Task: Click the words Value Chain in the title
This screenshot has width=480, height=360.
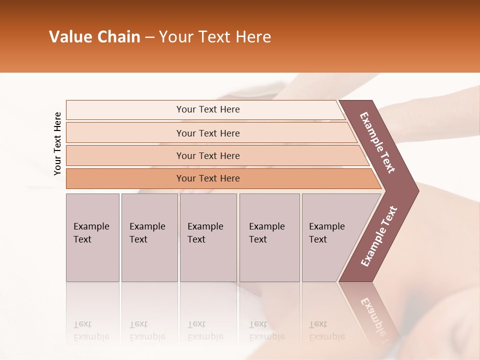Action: tap(94, 37)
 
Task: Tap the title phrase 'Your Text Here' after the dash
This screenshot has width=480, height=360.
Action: tap(215, 37)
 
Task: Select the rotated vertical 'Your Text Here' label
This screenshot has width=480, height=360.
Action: tap(57, 143)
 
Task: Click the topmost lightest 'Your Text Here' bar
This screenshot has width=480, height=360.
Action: tap(208, 109)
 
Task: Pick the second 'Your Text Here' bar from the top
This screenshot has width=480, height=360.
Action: tap(208, 133)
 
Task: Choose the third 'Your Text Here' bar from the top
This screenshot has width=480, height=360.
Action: tap(208, 155)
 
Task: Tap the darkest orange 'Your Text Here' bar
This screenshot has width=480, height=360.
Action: tap(208, 178)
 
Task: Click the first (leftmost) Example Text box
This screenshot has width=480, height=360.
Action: tap(92, 237)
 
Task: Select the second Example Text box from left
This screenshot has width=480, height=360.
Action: tap(149, 237)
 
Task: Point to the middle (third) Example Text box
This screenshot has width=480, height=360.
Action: tap(207, 237)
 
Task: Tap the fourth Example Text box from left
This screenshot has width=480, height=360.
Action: tap(269, 237)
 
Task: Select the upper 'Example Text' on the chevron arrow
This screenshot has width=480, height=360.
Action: tap(377, 142)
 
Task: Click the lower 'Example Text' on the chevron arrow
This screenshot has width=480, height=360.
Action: tap(379, 236)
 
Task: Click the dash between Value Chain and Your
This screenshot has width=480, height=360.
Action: tap(149, 37)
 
